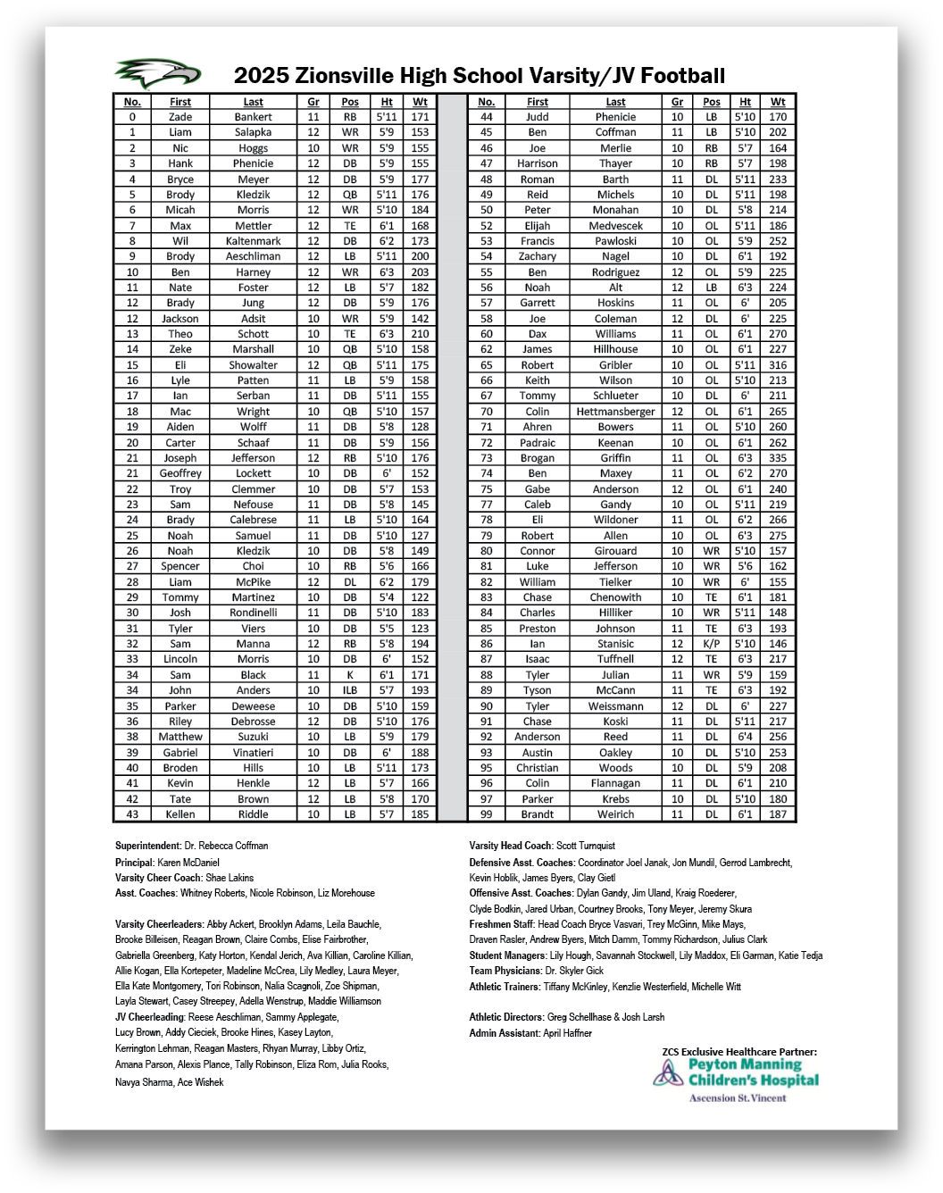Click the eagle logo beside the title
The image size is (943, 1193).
point(157,72)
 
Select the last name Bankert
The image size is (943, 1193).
point(253,117)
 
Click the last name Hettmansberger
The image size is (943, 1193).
point(615,412)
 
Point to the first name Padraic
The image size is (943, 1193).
point(537,443)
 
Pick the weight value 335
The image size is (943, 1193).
point(777,458)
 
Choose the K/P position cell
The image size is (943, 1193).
point(711,644)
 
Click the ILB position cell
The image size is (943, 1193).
point(350,690)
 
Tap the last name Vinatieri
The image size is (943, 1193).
point(253,753)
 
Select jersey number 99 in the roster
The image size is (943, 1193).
point(486,814)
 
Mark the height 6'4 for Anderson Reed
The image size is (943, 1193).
point(745,737)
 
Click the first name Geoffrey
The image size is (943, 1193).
point(180,473)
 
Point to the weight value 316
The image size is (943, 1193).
point(777,365)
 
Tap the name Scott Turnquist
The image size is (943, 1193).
point(585,846)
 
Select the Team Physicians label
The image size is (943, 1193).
point(505,971)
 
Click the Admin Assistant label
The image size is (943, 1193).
point(505,1033)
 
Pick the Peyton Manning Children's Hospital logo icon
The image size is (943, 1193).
point(667,1072)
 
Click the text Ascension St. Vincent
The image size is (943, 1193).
point(737,1098)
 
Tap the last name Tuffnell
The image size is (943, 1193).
point(615,659)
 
